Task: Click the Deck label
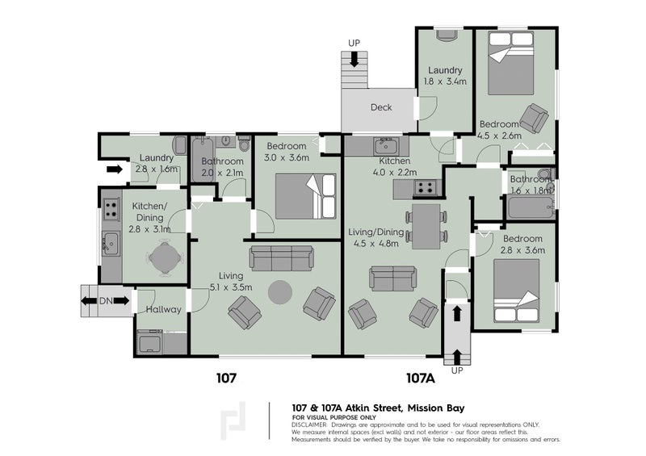381,107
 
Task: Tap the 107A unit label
421,379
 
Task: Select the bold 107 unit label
227,379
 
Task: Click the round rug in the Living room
280,292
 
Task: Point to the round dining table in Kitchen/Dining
165,258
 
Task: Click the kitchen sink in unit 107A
386,146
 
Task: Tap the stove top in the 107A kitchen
425,188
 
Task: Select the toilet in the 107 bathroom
245,144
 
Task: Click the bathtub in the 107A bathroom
531,207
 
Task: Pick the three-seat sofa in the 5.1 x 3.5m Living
281,258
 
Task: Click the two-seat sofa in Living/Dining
392,278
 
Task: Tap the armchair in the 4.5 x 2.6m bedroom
535,119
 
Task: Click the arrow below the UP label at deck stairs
354,59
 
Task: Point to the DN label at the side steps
106,301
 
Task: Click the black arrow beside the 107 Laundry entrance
115,169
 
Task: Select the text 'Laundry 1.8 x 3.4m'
445,76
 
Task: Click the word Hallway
164,309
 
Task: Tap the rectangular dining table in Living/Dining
426,226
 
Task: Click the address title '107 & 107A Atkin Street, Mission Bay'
378,408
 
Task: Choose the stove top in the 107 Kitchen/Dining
111,209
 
